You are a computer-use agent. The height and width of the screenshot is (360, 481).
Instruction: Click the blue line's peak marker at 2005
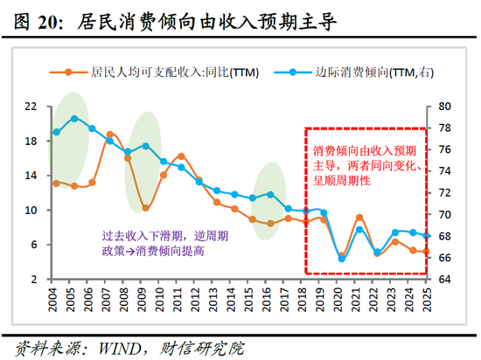[74, 119]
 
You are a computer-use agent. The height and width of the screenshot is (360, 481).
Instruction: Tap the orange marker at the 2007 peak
[110, 135]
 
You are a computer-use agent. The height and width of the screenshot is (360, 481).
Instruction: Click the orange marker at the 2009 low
[145, 209]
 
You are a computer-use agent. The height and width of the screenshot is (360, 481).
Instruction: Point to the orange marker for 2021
[359, 217]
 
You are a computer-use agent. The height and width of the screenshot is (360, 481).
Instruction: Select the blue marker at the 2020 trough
[342, 259]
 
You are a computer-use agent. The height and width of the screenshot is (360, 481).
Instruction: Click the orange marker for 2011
[181, 156]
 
